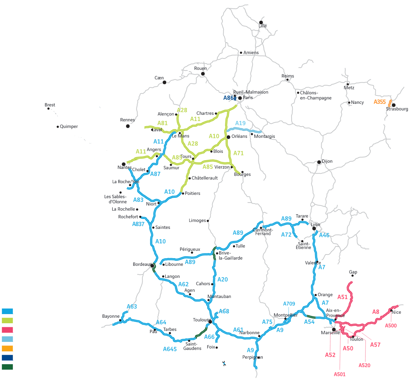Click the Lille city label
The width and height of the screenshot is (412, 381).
point(263,26)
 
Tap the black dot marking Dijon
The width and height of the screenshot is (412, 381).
point(319,162)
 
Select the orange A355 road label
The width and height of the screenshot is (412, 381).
point(380,102)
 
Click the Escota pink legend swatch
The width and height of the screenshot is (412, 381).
point(8,330)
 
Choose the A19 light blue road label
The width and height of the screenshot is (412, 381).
point(240,123)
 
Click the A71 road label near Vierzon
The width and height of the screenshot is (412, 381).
point(238,153)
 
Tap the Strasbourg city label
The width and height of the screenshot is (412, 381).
point(397,109)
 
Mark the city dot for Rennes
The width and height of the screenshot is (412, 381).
point(128,126)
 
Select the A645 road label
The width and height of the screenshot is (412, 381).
point(170,349)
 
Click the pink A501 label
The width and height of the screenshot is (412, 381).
point(340,374)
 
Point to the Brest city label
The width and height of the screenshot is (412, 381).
point(50,105)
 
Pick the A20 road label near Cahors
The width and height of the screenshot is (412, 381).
point(222,279)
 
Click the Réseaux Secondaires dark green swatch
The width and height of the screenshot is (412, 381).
point(8,367)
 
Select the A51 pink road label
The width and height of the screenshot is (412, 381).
point(342,297)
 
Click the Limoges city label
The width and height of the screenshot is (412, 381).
point(197,220)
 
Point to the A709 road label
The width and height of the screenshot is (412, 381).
point(289,303)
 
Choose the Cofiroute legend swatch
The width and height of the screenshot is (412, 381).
point(8,321)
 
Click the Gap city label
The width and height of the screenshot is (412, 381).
point(353,272)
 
